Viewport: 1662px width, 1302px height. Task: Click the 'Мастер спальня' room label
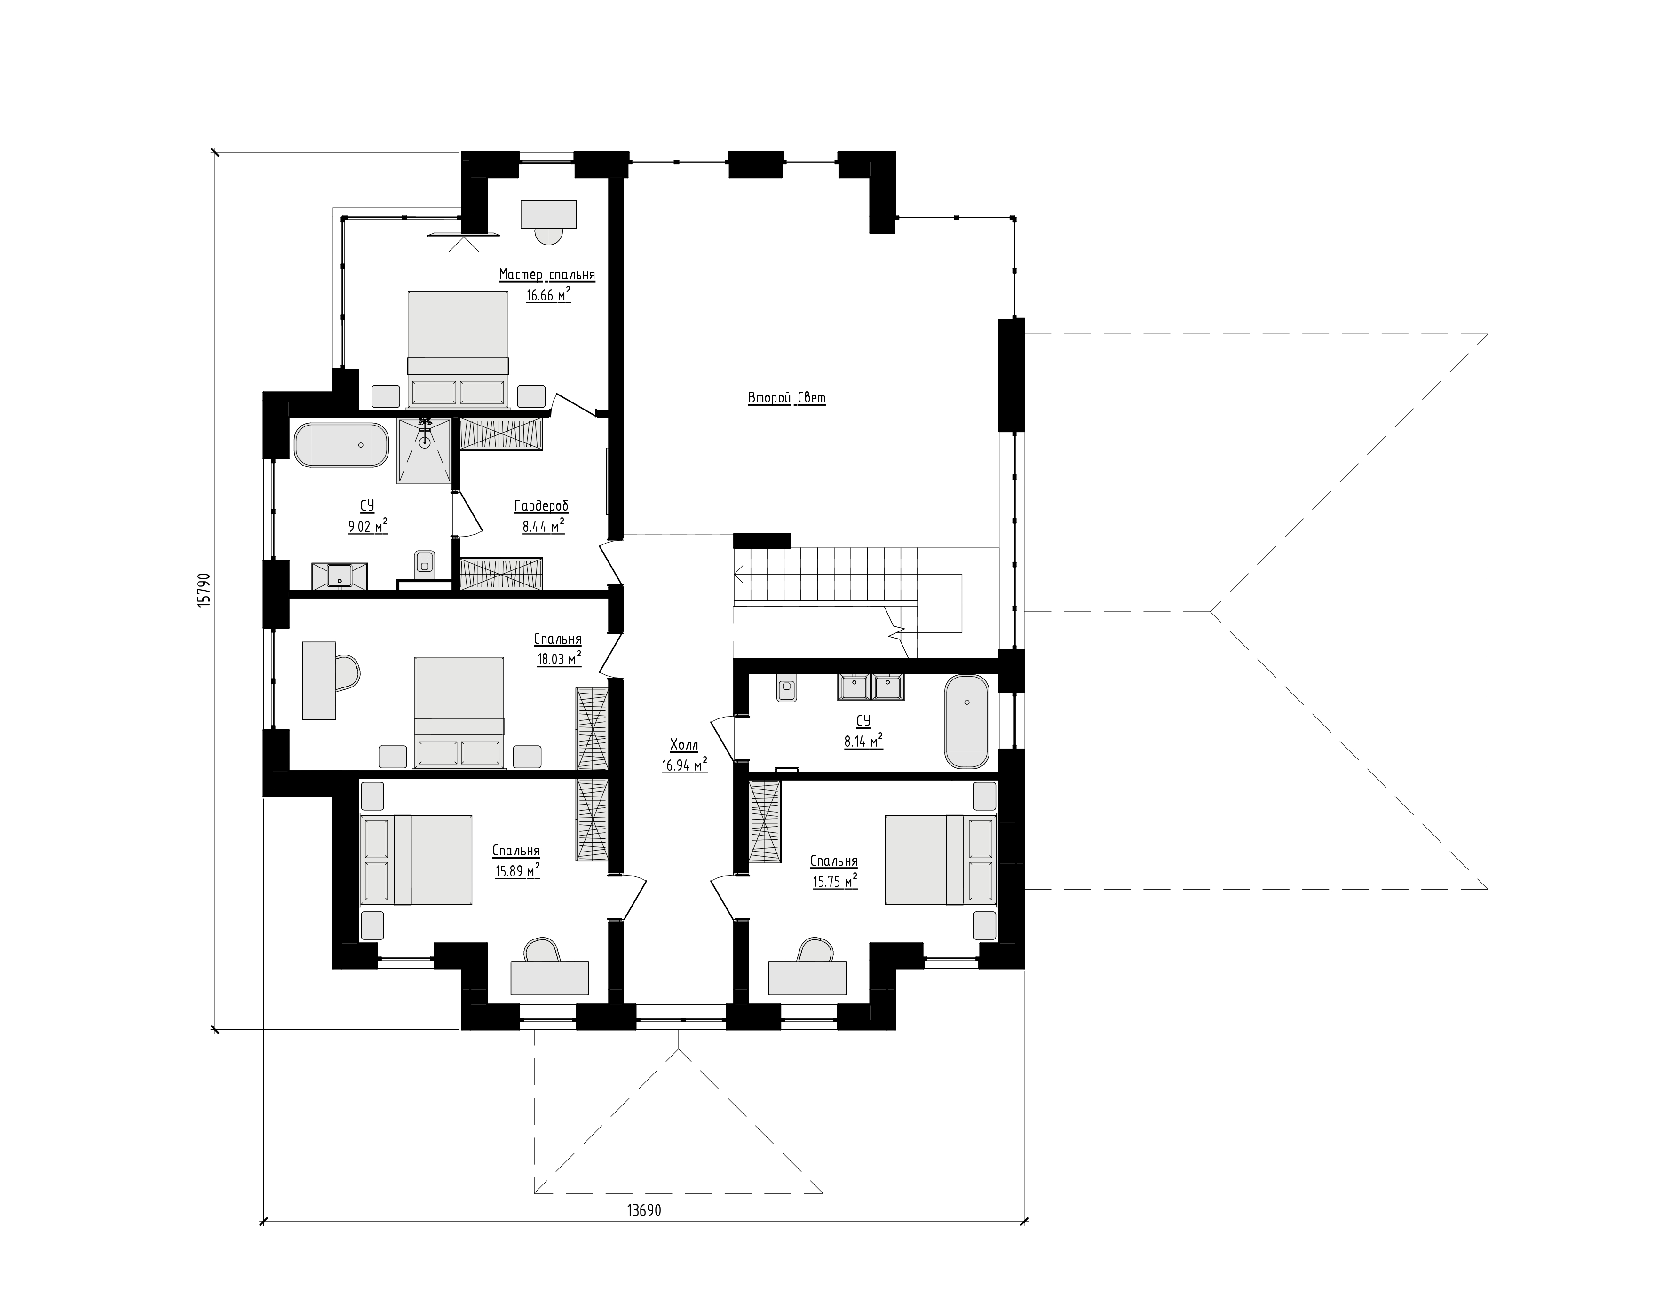[x=546, y=275]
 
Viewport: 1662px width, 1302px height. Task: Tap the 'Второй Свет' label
[x=787, y=398]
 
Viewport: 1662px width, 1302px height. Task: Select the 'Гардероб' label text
[x=541, y=506]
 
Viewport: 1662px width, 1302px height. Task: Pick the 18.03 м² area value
[x=559, y=659]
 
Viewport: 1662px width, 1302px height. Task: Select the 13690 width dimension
[x=644, y=1210]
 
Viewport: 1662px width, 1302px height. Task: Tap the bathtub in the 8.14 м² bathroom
[x=967, y=722]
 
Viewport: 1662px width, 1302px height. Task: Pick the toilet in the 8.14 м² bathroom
[x=786, y=688]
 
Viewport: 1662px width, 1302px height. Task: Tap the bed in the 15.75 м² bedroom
[x=941, y=860]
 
